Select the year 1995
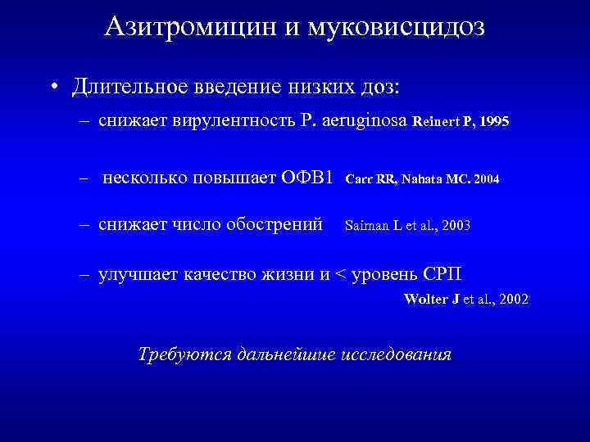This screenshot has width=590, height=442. coord(494,121)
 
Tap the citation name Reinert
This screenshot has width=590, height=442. coord(437,121)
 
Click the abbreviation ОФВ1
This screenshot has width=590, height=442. coord(306,178)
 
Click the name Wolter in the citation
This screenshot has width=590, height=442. coord(424,299)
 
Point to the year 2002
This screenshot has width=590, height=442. coord(513,299)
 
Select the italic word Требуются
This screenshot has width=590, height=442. coord(184,354)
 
